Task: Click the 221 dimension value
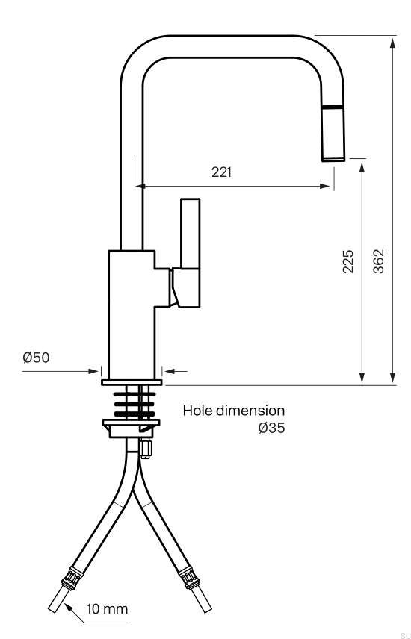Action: coord(221,172)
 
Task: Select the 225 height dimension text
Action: coord(347,261)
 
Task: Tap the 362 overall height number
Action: coord(378,261)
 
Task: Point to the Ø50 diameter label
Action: coord(36,358)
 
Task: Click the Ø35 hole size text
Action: coord(271,428)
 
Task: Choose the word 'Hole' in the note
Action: coord(197,410)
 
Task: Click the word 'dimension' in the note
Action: coord(250,410)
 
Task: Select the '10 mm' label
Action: coord(108,609)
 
